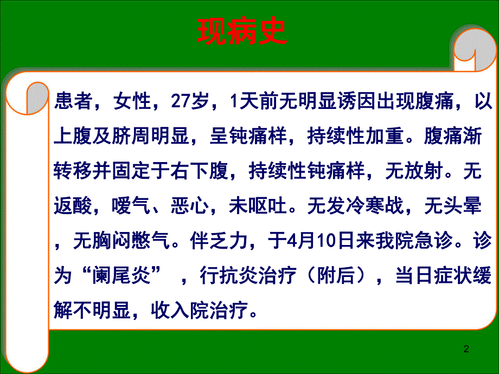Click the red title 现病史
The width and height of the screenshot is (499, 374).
click(x=241, y=34)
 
